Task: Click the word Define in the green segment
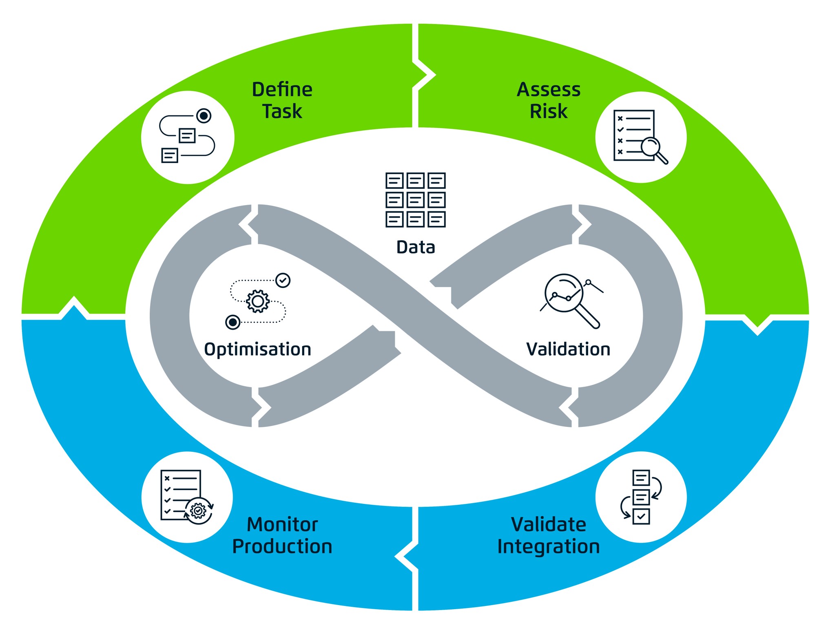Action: (x=282, y=89)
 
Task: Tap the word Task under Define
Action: (x=282, y=111)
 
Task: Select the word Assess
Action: (x=548, y=89)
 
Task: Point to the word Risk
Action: (x=548, y=111)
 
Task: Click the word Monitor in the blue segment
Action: (x=282, y=524)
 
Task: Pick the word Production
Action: (x=282, y=546)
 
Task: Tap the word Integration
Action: (x=548, y=546)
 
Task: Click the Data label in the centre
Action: (x=416, y=247)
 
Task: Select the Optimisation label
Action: (x=257, y=349)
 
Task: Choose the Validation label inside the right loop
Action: (x=568, y=349)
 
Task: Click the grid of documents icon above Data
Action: (x=415, y=200)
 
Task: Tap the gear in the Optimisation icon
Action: (x=258, y=301)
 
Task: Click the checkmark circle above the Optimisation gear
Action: (x=283, y=281)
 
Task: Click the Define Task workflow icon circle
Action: (x=188, y=137)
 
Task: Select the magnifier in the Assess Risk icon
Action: (x=651, y=147)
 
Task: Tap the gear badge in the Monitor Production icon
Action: (x=198, y=510)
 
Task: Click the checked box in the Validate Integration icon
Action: (x=641, y=516)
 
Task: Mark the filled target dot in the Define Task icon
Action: (x=204, y=116)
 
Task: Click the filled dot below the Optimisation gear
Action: (x=233, y=322)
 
